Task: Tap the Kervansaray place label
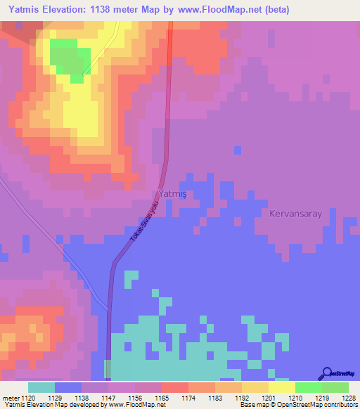click(x=295, y=213)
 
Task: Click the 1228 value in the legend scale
click(x=340, y=398)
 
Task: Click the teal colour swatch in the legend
click(x=41, y=387)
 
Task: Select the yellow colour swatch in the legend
click(x=281, y=387)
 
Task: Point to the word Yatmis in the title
click(x=28, y=10)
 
